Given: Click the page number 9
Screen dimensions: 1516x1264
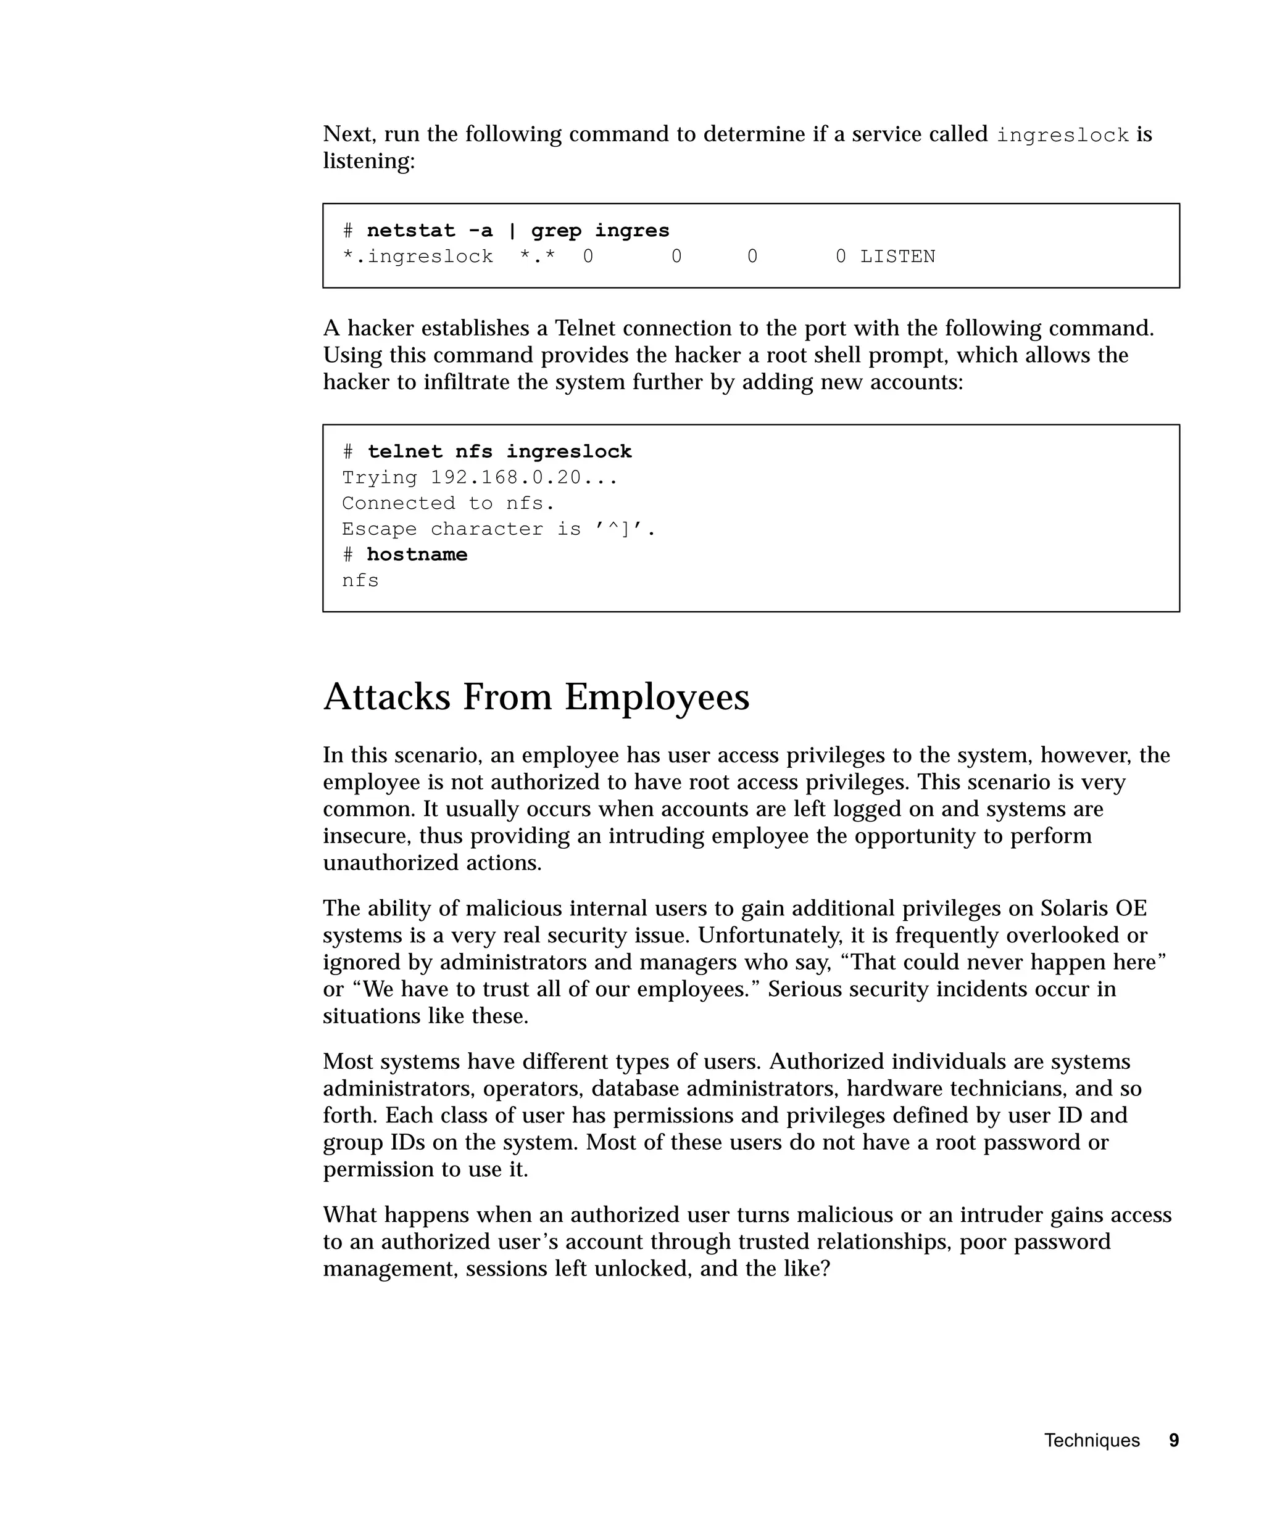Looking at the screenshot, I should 1174,1440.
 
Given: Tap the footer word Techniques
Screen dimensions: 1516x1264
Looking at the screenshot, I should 1091,1440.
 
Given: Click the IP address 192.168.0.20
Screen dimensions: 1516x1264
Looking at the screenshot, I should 505,478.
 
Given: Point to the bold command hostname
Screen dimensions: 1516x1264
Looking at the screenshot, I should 417,554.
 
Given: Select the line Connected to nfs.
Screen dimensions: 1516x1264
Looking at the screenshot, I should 448,503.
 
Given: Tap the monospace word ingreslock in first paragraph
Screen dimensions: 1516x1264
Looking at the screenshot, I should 1062,136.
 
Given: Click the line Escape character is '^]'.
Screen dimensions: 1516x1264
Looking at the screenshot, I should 498,529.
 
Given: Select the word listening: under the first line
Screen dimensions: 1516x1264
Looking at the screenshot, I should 369,161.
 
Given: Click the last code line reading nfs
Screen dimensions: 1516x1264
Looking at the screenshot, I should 360,580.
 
